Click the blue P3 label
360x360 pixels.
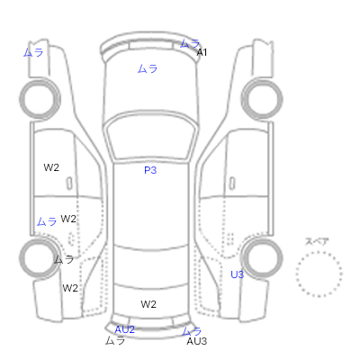click(x=150, y=170)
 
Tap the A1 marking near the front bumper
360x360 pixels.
click(x=202, y=52)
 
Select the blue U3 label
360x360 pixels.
click(x=237, y=274)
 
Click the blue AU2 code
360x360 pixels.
click(x=124, y=329)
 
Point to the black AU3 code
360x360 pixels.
click(x=197, y=341)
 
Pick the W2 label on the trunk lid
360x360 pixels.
click(x=148, y=304)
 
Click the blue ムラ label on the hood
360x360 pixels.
click(x=148, y=69)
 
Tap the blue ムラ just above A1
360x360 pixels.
click(x=190, y=44)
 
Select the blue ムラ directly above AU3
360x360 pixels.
click(x=192, y=331)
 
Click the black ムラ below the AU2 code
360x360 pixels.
click(x=115, y=340)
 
